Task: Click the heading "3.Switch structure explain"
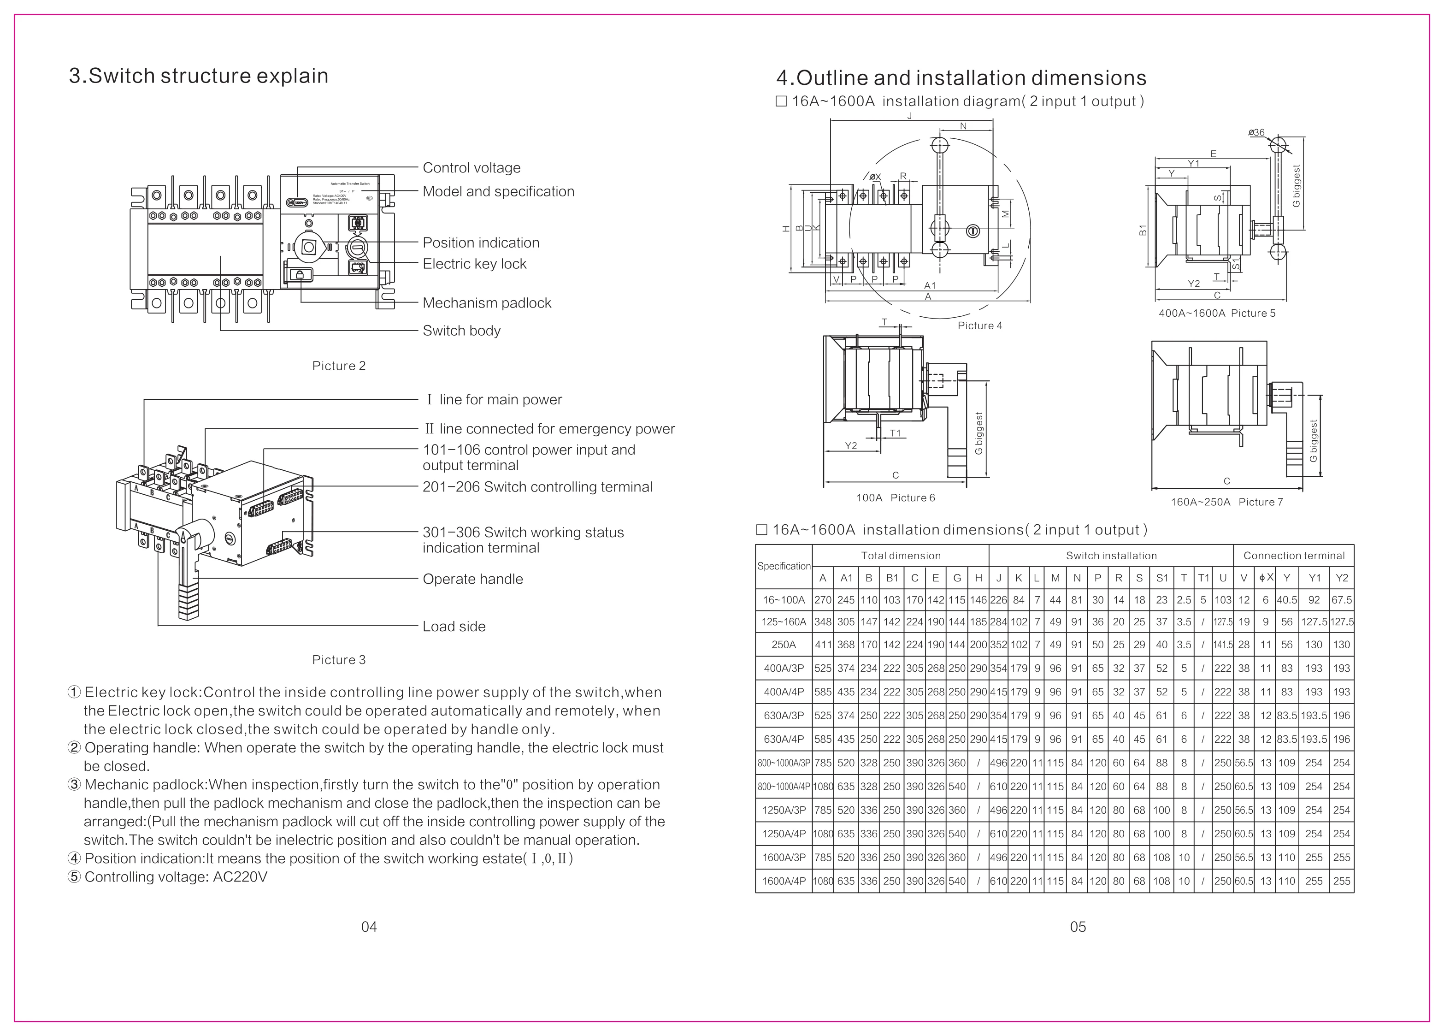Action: [x=199, y=76]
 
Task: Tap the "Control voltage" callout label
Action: [x=471, y=168]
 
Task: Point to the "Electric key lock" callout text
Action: [x=474, y=264]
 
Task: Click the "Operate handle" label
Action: [x=472, y=580]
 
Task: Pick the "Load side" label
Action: [x=454, y=627]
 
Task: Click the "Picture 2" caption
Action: [x=339, y=366]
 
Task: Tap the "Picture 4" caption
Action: [x=980, y=326]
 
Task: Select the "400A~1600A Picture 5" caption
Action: [x=1217, y=313]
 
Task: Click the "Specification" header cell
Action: [x=784, y=567]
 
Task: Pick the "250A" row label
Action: [x=784, y=645]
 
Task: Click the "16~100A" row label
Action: [x=784, y=600]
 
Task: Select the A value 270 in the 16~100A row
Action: [x=823, y=600]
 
